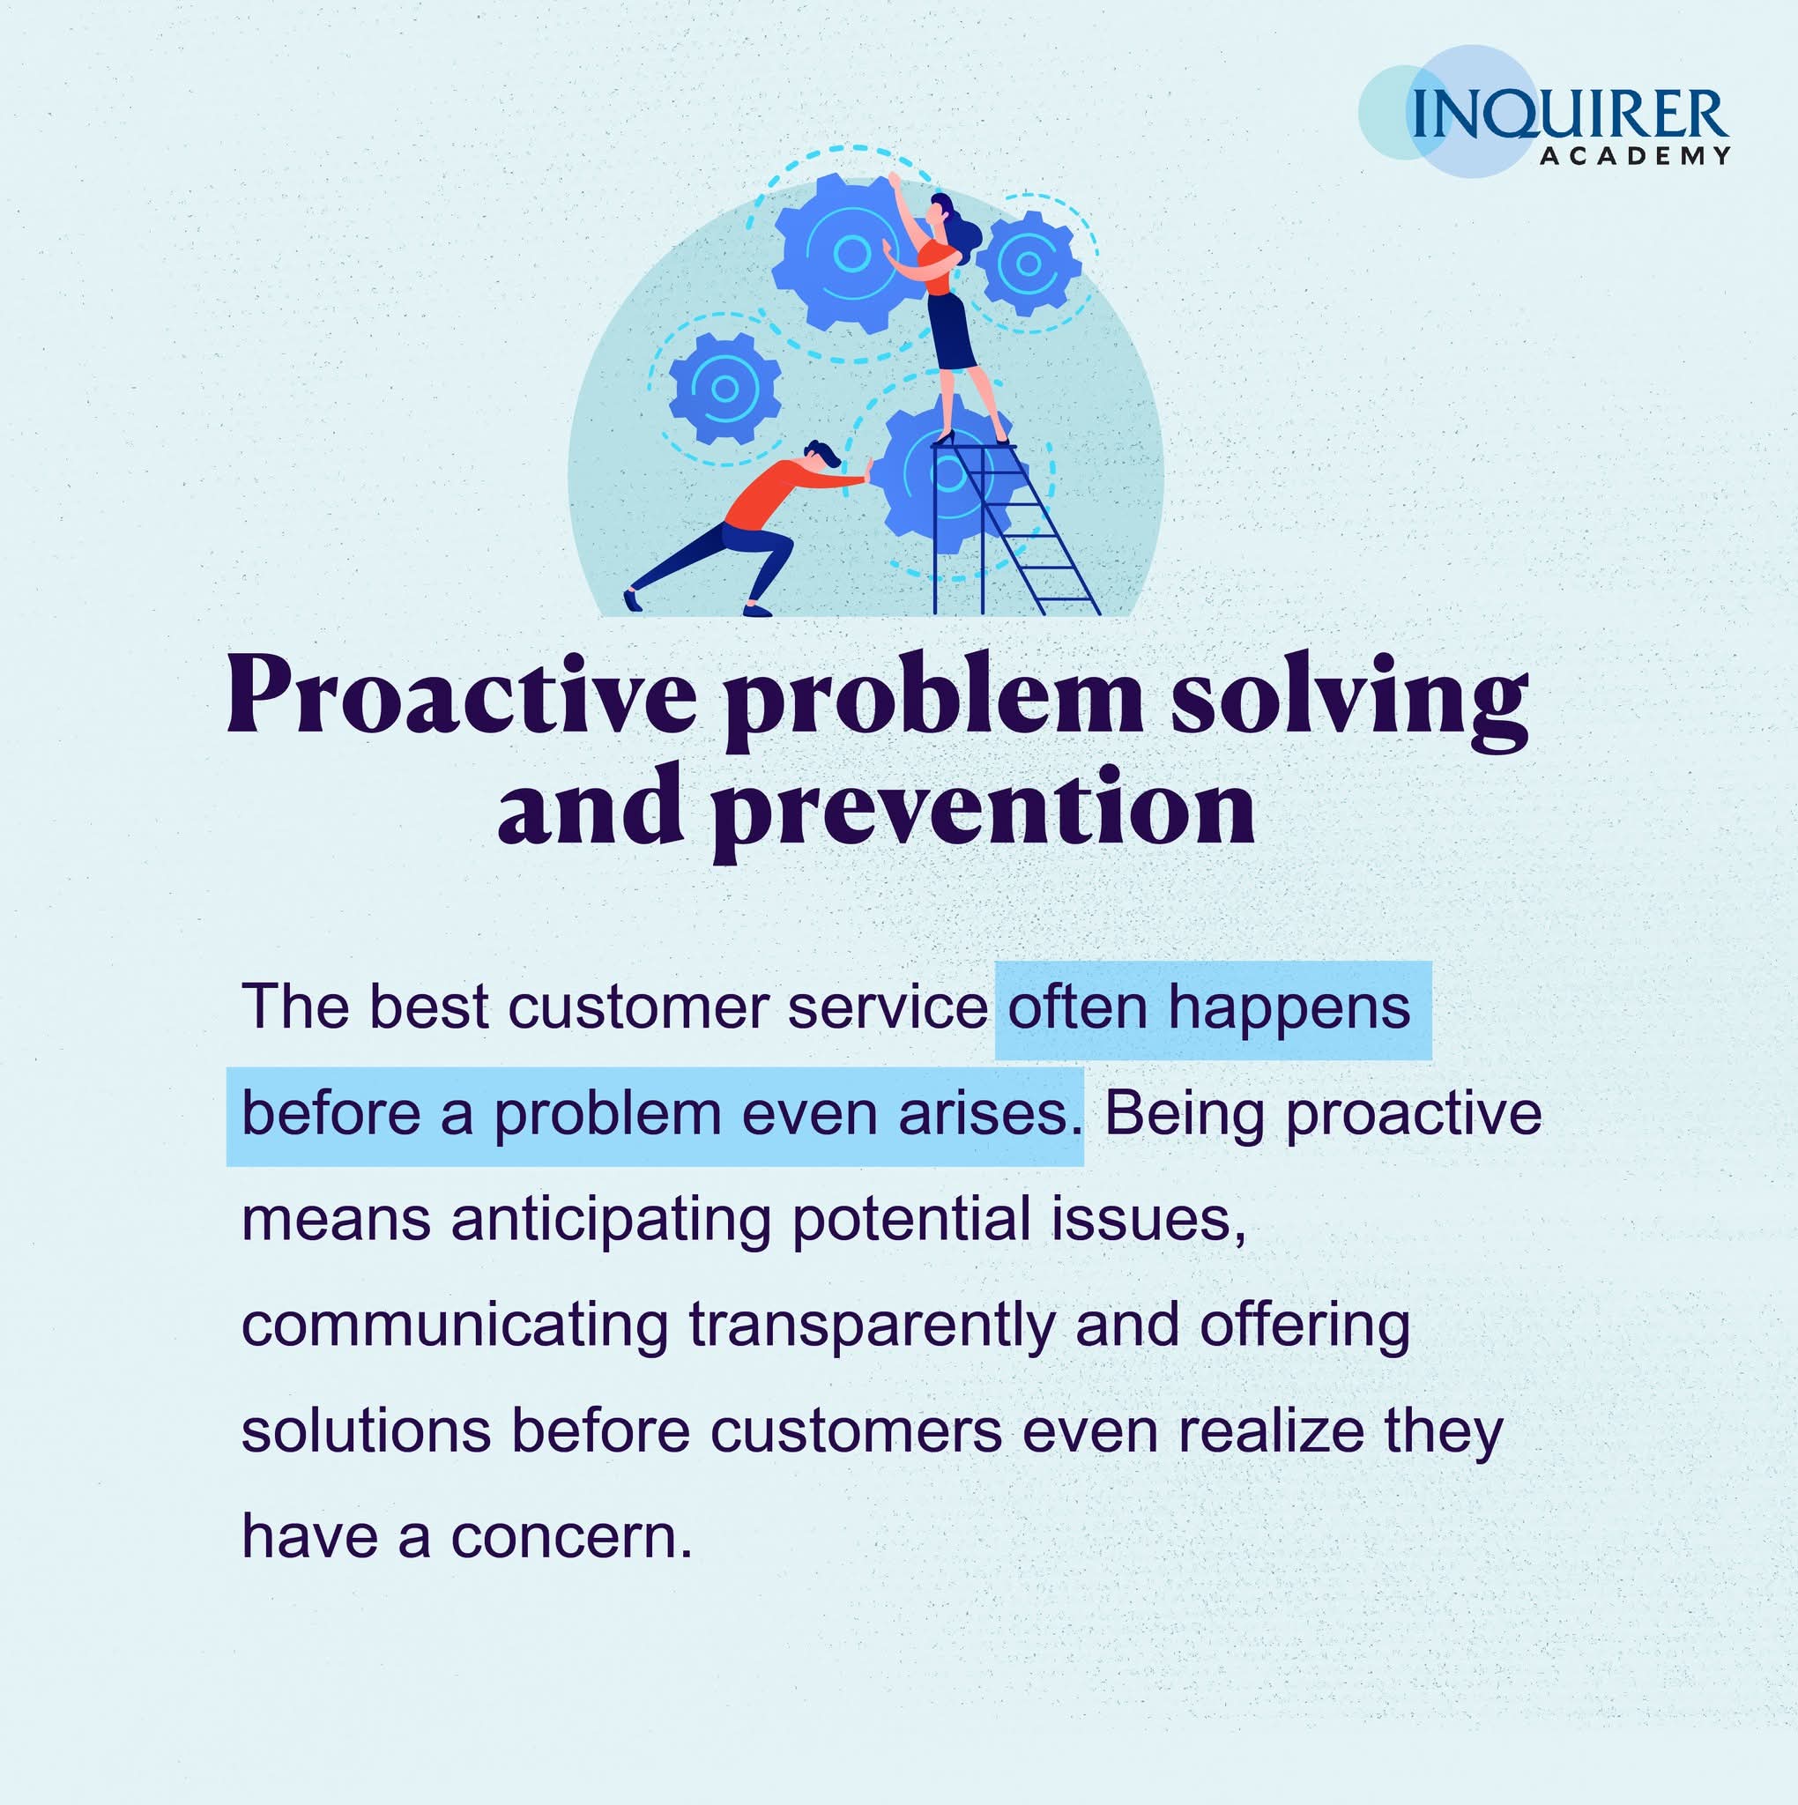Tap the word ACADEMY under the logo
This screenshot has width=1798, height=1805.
(x=1636, y=156)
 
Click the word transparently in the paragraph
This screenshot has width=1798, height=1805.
(x=872, y=1328)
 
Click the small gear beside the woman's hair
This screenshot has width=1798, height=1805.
(x=1028, y=264)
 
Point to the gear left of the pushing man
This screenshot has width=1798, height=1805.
(x=725, y=388)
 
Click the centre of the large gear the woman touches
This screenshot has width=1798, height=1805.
(x=851, y=253)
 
